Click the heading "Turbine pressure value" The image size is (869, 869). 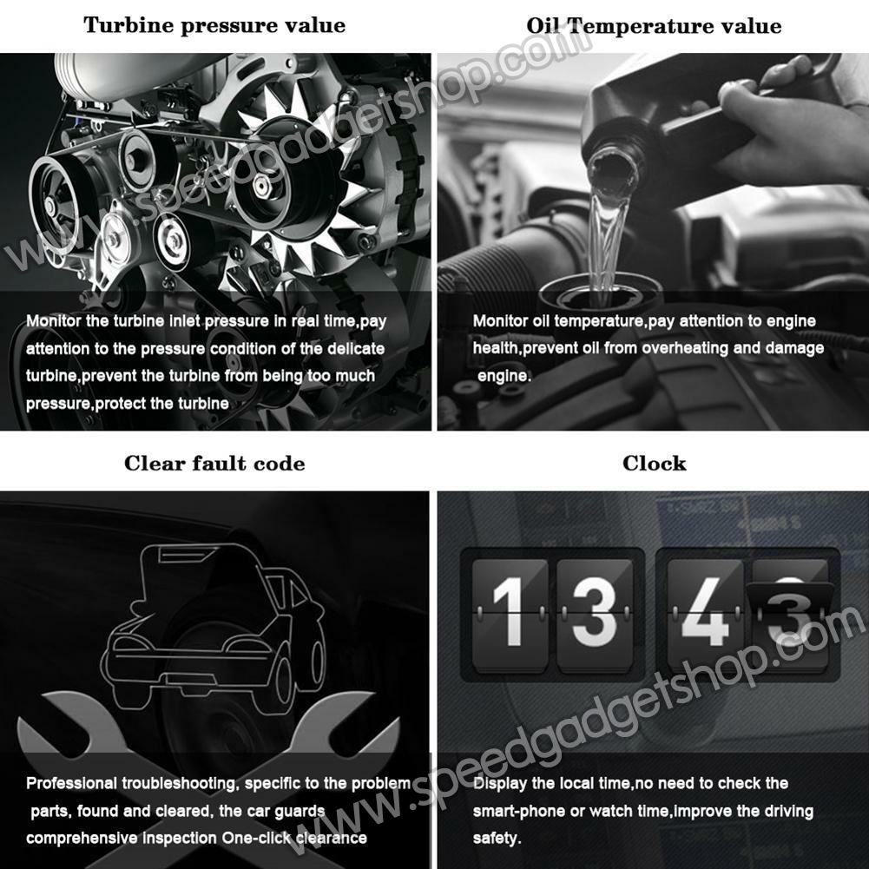214,25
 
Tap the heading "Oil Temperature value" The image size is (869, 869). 654,25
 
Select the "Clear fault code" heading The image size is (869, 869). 214,464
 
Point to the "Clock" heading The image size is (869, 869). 654,464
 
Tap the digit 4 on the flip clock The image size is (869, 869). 705,611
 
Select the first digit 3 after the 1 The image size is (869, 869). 594,611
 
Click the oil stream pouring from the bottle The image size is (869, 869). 607,233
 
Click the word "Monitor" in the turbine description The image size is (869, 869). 54,321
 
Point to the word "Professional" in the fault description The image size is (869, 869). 71,783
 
